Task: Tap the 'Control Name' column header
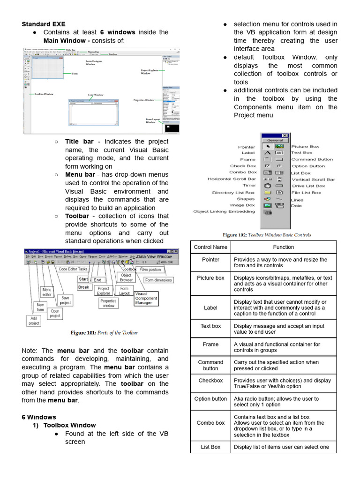tap(210, 247)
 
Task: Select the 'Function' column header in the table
tap(283, 247)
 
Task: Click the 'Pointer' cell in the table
tap(210, 260)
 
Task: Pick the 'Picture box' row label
tap(210, 278)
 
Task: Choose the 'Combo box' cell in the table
tap(210, 423)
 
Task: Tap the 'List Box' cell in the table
tap(210, 447)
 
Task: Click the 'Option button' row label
tap(210, 399)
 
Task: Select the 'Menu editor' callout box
tap(47, 292)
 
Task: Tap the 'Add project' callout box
tap(34, 321)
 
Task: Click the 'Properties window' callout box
tap(108, 303)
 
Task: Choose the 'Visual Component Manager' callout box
tap(146, 299)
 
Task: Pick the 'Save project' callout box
tap(65, 300)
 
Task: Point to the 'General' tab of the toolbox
tap(275, 140)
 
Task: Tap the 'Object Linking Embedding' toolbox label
tap(225, 211)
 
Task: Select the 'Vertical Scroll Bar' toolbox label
tap(313, 180)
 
